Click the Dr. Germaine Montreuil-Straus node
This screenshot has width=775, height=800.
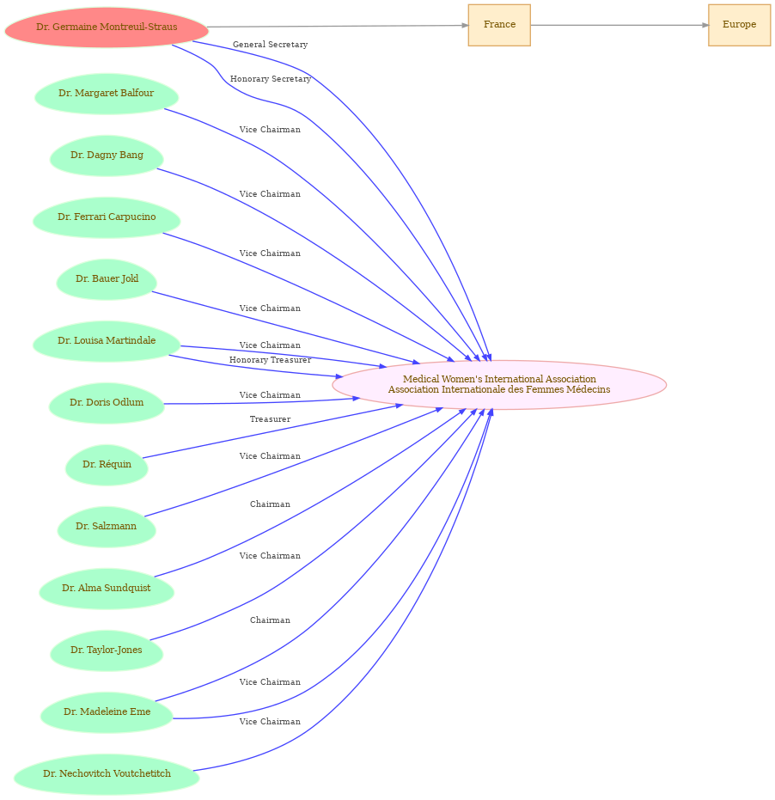[x=107, y=27]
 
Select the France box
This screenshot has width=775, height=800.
[x=499, y=25]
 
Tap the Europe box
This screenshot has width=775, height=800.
[x=739, y=25]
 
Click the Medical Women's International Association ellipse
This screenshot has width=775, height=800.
[x=499, y=385]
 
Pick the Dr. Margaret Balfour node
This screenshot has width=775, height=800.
[x=107, y=94]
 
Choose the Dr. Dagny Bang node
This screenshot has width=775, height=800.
[x=107, y=156]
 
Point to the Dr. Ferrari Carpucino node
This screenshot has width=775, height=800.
[x=107, y=217]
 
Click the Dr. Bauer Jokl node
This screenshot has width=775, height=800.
[x=107, y=279]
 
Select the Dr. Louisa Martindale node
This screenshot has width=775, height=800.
[x=107, y=341]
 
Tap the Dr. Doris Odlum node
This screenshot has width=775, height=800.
[x=107, y=403]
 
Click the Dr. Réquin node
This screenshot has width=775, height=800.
[x=107, y=465]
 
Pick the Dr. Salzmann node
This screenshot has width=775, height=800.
[x=107, y=527]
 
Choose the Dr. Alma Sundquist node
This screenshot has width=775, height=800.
[x=107, y=589]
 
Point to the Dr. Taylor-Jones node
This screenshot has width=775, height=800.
[x=107, y=650]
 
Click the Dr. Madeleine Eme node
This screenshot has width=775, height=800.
[x=107, y=712]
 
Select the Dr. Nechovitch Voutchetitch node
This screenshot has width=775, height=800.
[x=107, y=774]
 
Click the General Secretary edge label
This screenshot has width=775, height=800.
[x=271, y=45]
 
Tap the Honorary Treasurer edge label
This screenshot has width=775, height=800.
[x=271, y=360]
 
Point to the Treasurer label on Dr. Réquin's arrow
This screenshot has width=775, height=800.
[x=271, y=418]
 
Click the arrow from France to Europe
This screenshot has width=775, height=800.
[x=619, y=25]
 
